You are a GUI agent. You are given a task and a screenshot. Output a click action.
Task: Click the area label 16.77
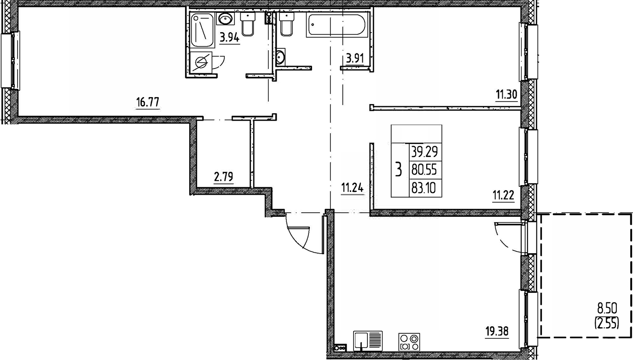(148, 102)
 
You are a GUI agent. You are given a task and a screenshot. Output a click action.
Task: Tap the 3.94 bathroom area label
(229, 38)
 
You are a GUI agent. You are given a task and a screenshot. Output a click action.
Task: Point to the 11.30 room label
(506, 95)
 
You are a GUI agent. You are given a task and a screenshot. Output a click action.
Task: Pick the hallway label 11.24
(352, 189)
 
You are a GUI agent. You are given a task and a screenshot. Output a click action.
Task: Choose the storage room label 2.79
(223, 177)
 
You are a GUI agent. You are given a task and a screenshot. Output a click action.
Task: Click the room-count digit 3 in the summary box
(399, 170)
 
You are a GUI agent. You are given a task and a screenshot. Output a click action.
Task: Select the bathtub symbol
(337, 25)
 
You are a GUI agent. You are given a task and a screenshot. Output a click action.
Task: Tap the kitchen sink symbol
(368, 341)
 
